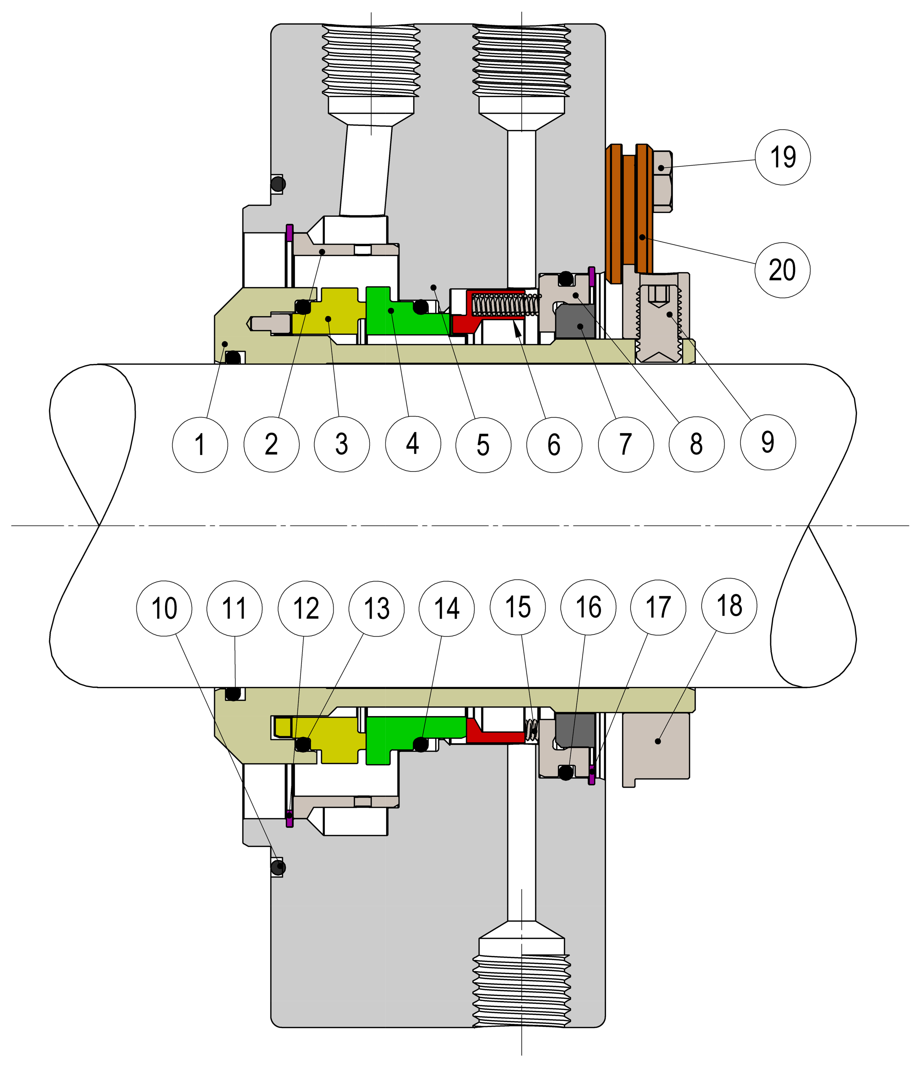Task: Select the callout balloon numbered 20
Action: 782,270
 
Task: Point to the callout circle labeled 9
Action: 768,443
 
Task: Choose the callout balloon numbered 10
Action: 164,609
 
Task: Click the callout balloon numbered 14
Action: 447,609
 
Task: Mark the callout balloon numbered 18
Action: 729,606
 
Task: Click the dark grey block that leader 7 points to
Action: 576,322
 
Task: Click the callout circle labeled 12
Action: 306,609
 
